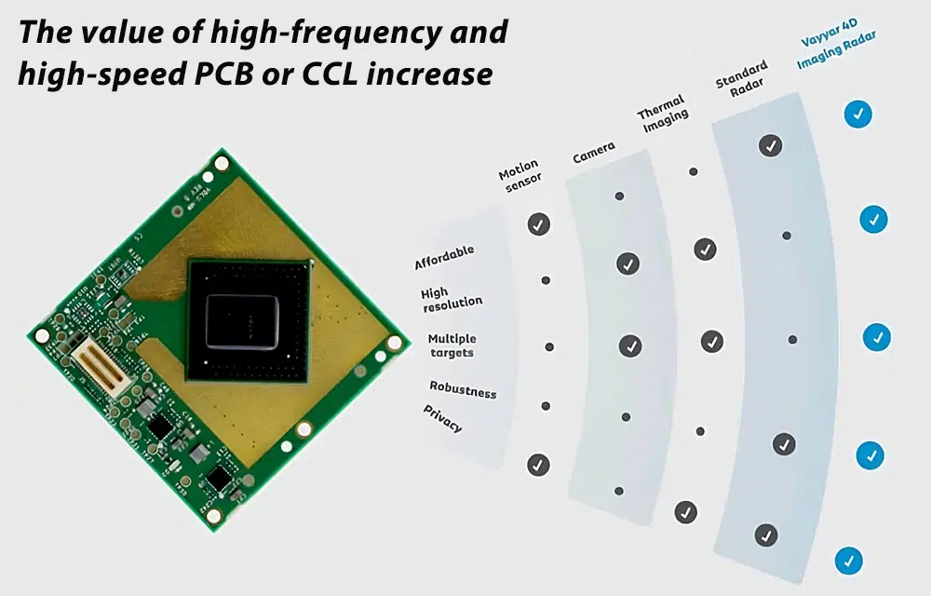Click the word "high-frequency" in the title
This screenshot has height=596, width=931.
[317, 33]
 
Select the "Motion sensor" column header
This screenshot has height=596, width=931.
[519, 177]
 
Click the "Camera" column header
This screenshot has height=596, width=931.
[593, 154]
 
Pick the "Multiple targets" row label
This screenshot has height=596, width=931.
[452, 345]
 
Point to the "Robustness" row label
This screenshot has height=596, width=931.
[463, 389]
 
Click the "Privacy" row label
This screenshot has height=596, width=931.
[443, 419]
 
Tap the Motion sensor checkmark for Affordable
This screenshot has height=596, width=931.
[538, 223]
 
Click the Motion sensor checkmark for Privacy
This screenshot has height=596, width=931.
[538, 465]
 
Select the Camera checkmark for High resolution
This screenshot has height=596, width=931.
[628, 264]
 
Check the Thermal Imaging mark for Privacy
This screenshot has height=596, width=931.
[686, 511]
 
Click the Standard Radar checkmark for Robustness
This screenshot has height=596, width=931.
[784, 443]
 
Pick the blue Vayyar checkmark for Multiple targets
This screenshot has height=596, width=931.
[876, 336]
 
